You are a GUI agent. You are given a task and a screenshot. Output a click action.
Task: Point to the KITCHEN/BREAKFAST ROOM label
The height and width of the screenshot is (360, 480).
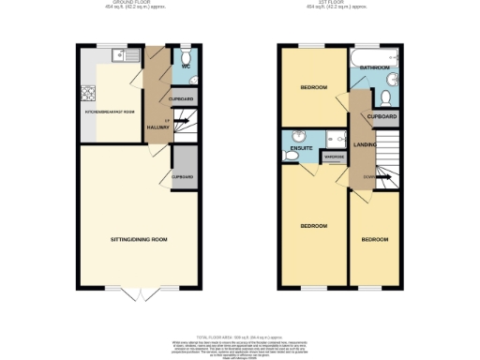click(x=112, y=112)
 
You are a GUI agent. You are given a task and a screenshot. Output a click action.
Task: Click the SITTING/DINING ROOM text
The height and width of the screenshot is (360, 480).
click(x=139, y=240)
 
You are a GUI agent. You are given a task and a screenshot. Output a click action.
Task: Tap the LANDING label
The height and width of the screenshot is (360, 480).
click(x=365, y=144)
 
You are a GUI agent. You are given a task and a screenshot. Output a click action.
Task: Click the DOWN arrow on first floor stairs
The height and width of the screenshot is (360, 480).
click(x=369, y=176)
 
